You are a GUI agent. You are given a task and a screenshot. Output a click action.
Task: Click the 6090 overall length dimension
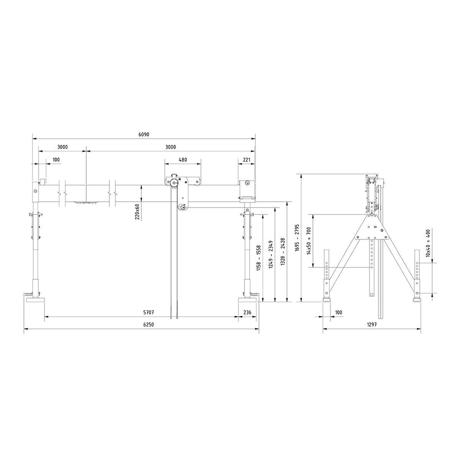pyautogui.click(x=143, y=135)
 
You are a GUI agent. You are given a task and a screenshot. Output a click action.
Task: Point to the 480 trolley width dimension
pyautogui.click(x=183, y=159)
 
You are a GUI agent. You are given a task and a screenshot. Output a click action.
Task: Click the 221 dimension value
pyautogui.click(x=247, y=159)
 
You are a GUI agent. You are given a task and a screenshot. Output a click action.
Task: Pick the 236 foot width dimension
pyautogui.click(x=248, y=312)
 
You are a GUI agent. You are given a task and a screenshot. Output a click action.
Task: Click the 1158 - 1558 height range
pyautogui.click(x=259, y=258)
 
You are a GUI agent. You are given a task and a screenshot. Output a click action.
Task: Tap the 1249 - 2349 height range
pyautogui.click(x=271, y=254)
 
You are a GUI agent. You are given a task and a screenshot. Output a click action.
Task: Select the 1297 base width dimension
pyautogui.click(x=371, y=324)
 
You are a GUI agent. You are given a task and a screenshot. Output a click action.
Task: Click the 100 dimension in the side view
pyautogui.click(x=338, y=312)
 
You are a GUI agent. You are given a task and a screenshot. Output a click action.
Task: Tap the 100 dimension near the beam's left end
pyautogui.click(x=56, y=159)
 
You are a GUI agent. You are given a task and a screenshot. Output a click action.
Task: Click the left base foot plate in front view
pyautogui.click(x=36, y=300)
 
